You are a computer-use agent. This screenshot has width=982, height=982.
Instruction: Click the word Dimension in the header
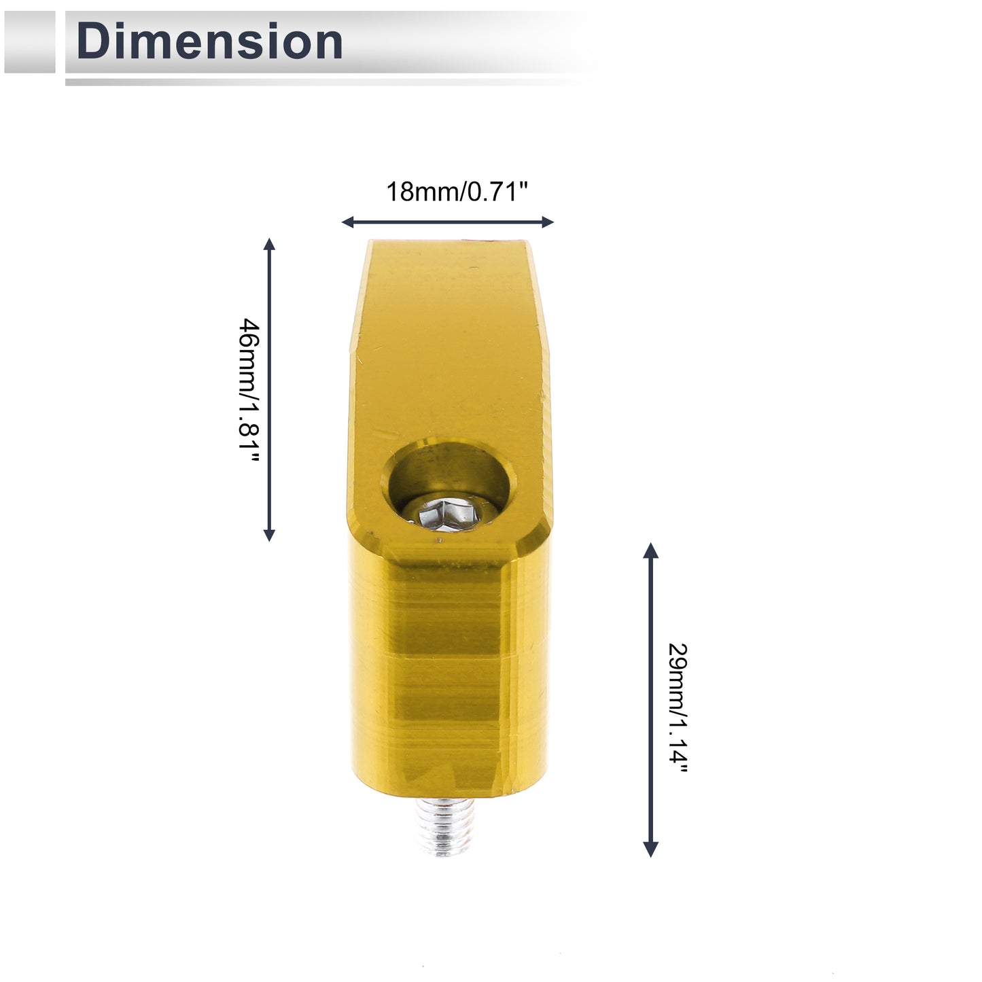209,41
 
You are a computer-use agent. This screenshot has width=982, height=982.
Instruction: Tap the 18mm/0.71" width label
457,192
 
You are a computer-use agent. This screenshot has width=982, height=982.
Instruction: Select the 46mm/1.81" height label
249,390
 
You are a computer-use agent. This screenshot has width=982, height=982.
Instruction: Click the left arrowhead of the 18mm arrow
347,222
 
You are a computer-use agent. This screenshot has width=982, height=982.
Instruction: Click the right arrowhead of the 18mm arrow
548,222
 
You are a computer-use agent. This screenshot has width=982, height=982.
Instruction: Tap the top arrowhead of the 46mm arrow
269,243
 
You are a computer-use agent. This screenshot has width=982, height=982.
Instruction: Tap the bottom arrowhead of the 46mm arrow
269,535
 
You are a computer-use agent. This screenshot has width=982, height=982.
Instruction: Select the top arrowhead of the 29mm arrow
651,550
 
